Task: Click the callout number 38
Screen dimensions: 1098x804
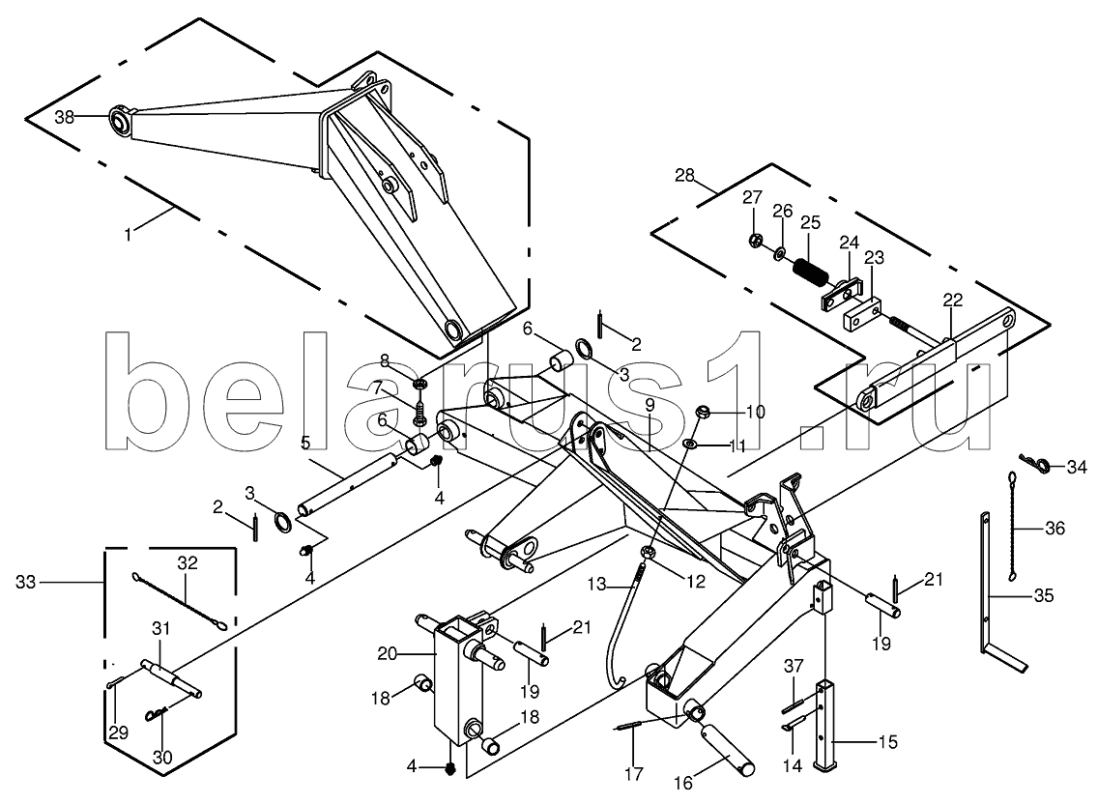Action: (x=65, y=118)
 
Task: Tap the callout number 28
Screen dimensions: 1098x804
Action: (x=685, y=174)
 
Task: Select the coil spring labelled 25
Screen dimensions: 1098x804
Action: (x=810, y=271)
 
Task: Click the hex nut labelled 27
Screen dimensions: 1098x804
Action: (x=754, y=241)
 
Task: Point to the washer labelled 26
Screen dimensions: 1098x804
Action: (x=779, y=253)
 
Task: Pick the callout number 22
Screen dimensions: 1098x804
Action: (x=952, y=301)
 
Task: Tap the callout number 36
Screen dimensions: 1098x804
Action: (x=1055, y=528)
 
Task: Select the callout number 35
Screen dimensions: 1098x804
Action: (x=1043, y=596)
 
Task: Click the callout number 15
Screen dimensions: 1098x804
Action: (x=887, y=742)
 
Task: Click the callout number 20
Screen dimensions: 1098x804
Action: (x=388, y=654)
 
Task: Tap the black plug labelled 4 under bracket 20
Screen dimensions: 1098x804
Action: (x=451, y=768)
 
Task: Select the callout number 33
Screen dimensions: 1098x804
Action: (x=26, y=582)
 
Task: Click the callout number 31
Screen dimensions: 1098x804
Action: (x=161, y=629)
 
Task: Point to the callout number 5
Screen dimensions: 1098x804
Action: (x=305, y=443)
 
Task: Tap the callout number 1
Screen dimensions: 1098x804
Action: (x=128, y=236)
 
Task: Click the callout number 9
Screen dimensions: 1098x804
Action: (x=650, y=404)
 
